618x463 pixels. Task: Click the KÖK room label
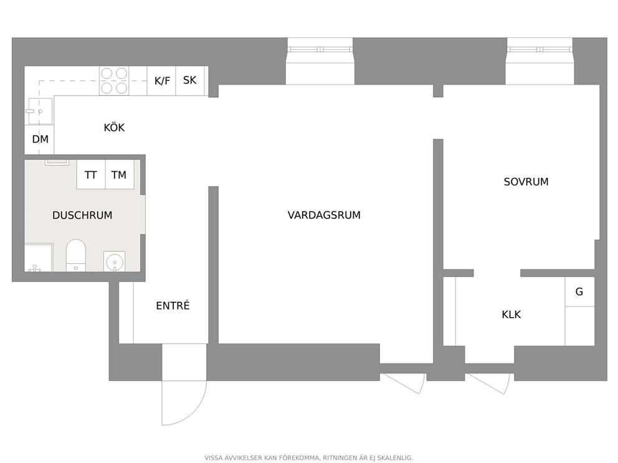114,128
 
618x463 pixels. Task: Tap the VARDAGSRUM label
324,215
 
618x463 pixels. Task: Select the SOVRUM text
526,182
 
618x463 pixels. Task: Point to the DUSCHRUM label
82,215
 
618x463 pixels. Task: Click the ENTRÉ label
173,306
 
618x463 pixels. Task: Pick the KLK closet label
511,314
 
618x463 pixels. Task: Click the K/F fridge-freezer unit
161,81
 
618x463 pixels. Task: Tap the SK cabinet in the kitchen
190,81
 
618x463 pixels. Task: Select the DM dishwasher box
39,139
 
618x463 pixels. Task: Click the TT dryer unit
91,174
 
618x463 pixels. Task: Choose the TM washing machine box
120,174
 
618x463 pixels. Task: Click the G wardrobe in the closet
579,292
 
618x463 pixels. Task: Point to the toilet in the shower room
75,255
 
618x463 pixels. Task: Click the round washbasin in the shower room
115,261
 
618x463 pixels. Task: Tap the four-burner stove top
114,81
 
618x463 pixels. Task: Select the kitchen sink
40,111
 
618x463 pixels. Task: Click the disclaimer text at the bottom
308,458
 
